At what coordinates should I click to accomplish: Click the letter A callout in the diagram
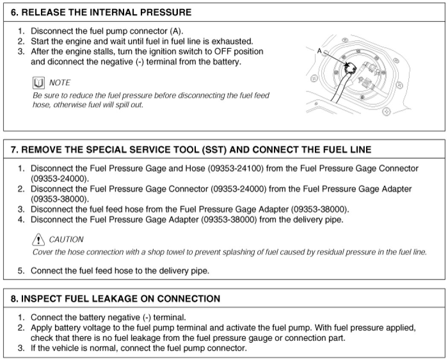coord(319,51)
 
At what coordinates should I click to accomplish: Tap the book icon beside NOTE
coord(39,82)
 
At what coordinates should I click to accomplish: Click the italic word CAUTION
coord(67,239)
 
